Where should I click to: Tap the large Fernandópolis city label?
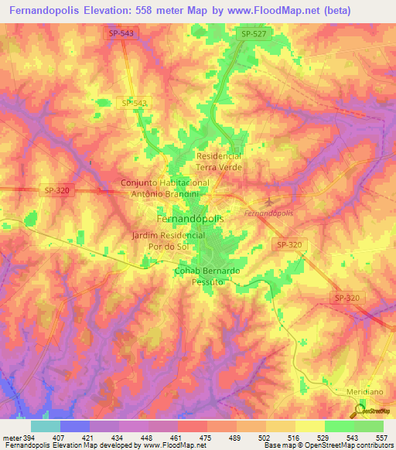pos(191,219)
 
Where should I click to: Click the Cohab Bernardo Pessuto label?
pos(207,277)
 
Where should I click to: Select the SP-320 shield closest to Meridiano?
pos(346,297)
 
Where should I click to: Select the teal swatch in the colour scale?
pos(45,426)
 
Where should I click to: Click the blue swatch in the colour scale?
pos(74,426)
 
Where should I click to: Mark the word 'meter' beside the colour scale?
pos(12,437)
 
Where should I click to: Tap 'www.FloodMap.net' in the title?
pos(259,10)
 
